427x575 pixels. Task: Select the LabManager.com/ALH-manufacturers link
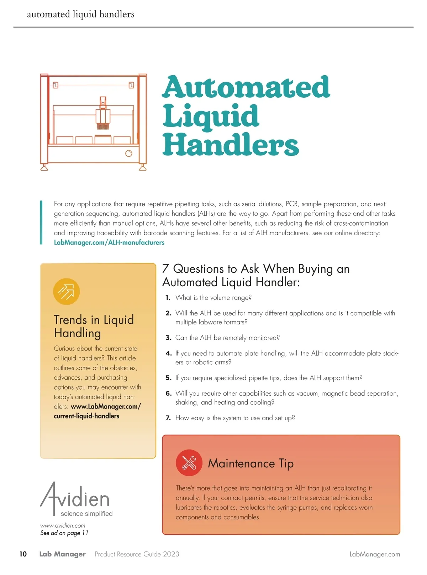coord(109,243)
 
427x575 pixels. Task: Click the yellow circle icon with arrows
coord(66,292)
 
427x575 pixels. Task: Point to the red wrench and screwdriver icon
coord(189,463)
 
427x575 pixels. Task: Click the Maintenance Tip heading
coord(251,463)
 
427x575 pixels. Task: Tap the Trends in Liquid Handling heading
coord(94,326)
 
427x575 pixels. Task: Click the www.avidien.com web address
coord(63,525)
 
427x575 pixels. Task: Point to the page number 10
coord(23,554)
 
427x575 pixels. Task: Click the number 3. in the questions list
coord(168,338)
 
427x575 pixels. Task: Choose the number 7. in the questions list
coord(168,418)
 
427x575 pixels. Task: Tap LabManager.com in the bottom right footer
coord(375,554)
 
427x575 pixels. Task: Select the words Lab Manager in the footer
coord(62,554)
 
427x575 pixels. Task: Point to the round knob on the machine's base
coord(129,154)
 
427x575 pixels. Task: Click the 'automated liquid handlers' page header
coord(81,14)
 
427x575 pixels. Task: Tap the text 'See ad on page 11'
coord(64,533)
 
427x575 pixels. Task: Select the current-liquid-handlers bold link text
coord(86,416)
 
